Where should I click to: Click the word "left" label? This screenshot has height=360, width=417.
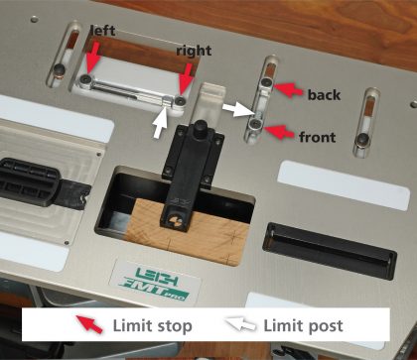[102, 31]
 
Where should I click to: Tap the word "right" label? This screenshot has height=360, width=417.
[194, 51]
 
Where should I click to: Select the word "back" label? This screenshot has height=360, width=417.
[324, 95]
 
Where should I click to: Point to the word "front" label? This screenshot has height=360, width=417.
[317, 137]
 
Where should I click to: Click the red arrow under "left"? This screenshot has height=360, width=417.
[92, 58]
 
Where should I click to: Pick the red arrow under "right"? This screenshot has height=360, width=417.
[186, 79]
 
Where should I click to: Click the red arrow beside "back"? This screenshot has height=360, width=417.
[288, 89]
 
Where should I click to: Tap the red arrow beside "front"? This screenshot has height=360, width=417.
[280, 132]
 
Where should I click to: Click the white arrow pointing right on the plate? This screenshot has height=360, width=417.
[239, 109]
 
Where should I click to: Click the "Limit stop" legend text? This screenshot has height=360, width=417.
[153, 326]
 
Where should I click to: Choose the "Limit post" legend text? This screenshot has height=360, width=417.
[303, 326]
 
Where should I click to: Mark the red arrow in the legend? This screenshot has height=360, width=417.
[89, 324]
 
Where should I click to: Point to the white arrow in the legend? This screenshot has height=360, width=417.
[241, 324]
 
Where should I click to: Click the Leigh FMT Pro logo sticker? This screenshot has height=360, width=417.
[155, 282]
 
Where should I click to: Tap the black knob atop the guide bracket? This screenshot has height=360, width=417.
[201, 127]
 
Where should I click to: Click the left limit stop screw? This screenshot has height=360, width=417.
[86, 79]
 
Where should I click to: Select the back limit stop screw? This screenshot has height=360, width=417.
[267, 81]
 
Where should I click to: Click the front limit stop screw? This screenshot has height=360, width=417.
[256, 125]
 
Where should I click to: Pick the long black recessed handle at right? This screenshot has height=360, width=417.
[330, 251]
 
